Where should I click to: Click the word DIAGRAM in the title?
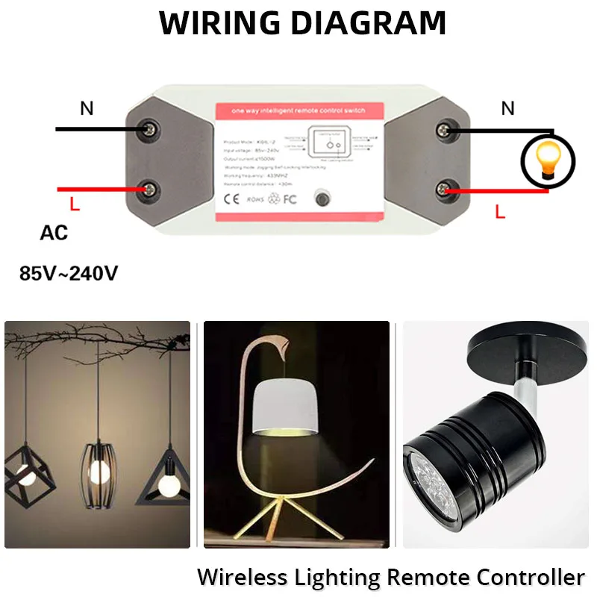coord(368,23)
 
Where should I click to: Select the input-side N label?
coord(87,109)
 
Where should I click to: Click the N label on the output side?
coord(507,109)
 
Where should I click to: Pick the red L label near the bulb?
coord(500,212)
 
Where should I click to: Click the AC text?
coord(54,233)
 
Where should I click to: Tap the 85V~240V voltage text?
coord(69,273)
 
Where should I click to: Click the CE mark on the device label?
coord(232,200)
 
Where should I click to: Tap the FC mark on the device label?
coord(290,200)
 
